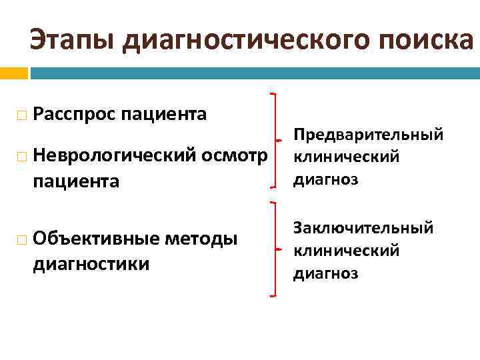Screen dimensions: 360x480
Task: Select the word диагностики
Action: click(91, 264)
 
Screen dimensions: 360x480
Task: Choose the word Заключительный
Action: click(363, 229)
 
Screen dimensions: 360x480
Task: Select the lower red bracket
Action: click(275, 249)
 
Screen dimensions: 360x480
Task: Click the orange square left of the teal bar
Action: click(13, 72)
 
